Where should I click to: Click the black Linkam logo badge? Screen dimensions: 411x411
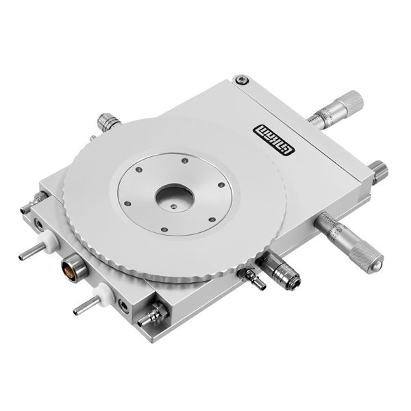274,140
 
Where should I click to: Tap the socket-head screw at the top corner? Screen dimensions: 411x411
242,80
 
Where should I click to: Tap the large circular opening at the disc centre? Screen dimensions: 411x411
175,196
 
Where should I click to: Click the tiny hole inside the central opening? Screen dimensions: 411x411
173,207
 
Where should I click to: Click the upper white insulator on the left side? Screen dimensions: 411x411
49,242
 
